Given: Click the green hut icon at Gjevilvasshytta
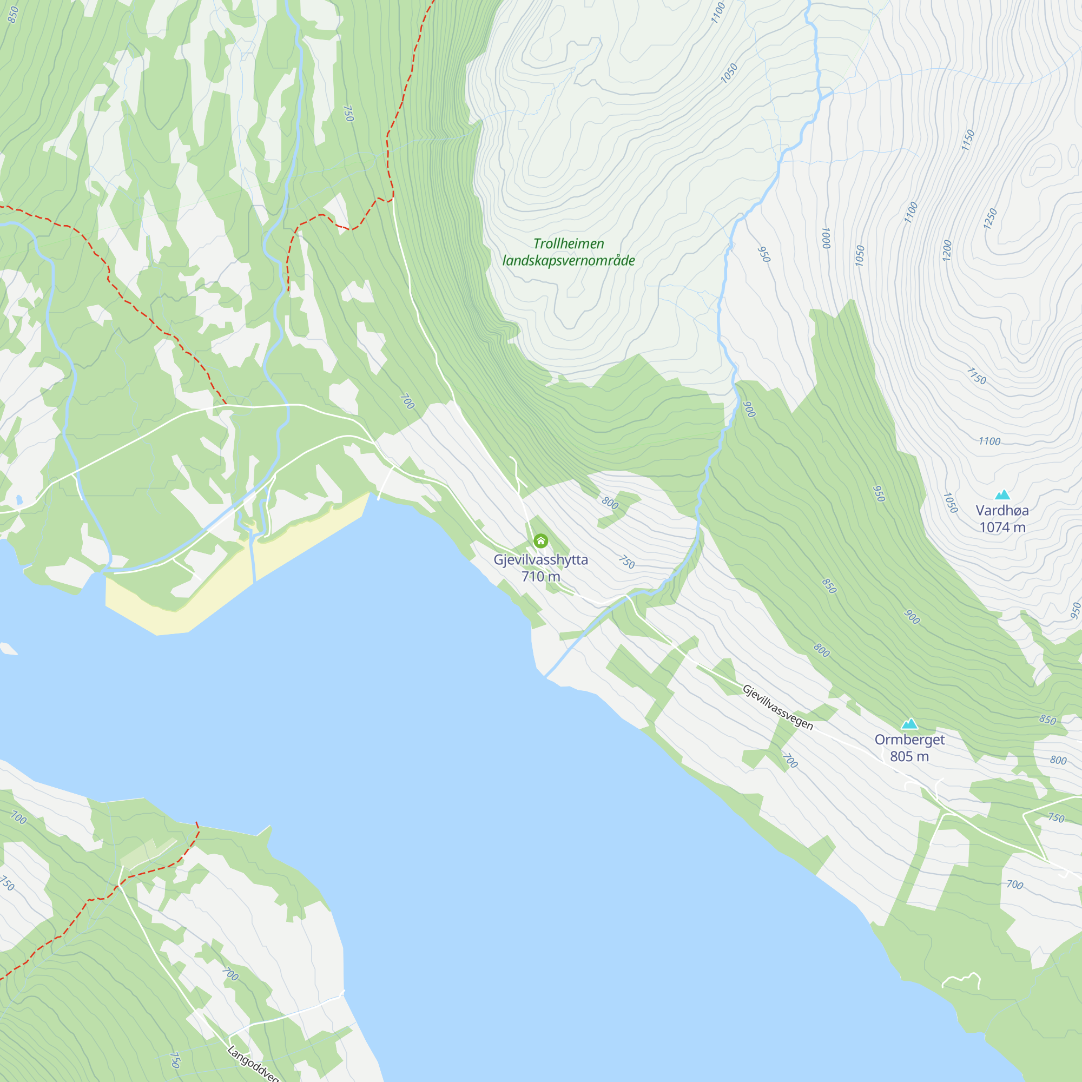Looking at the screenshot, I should pyautogui.click(x=540, y=541).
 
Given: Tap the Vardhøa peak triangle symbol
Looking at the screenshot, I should pyautogui.click(x=1002, y=494).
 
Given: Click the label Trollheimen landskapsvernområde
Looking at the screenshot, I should pyautogui.click(x=569, y=252).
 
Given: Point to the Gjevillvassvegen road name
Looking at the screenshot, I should pyautogui.click(x=777, y=707).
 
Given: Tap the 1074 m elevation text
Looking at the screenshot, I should pyautogui.click(x=1002, y=527).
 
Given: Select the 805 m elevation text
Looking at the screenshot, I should pyautogui.click(x=909, y=756).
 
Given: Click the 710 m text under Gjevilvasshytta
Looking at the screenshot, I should pyautogui.click(x=540, y=576).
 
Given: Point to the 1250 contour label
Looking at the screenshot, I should pyautogui.click(x=990, y=219).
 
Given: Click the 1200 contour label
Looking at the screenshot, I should pyautogui.click(x=947, y=250).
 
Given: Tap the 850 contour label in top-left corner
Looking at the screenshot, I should pyautogui.click(x=13, y=15).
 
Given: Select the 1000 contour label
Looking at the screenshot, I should pyautogui.click(x=826, y=238).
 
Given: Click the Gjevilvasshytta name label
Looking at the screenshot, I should pyautogui.click(x=540, y=559).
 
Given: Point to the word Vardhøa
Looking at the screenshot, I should pyautogui.click(x=1002, y=510).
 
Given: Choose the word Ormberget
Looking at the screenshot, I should pyautogui.click(x=909, y=739).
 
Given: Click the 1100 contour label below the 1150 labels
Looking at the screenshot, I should pyautogui.click(x=989, y=441).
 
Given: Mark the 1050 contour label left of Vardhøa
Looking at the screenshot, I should pyautogui.click(x=950, y=503).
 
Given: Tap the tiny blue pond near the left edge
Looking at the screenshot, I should pyautogui.click(x=19, y=499).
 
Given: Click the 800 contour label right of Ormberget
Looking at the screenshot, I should pyautogui.click(x=1057, y=760).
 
